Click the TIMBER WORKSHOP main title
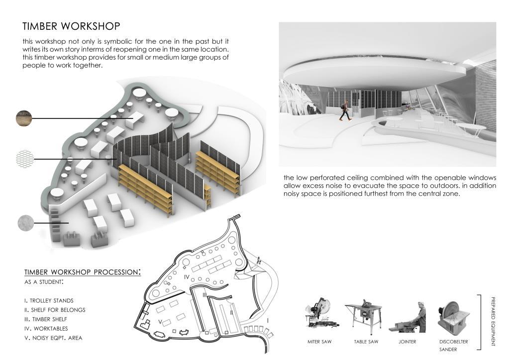pyautogui.click(x=71, y=26)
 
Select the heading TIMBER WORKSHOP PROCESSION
pyautogui.click(x=82, y=272)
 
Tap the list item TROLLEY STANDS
pyautogui.click(x=48, y=301)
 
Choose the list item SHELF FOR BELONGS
pyautogui.click(x=54, y=310)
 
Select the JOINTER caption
pyautogui.click(x=407, y=342)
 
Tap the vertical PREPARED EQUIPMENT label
pyautogui.click(x=493, y=322)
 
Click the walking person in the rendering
pyautogui.click(x=344, y=110)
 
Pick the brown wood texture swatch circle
pyautogui.click(x=23, y=119)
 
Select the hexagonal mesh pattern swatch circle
pyautogui.click(x=25, y=159)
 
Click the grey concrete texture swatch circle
pyautogui.click(x=26, y=223)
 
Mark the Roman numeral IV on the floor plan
pyautogui.click(x=187, y=276)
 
